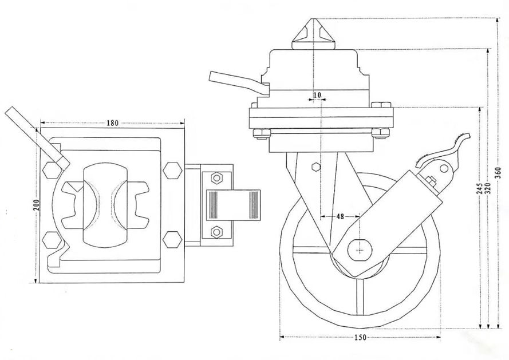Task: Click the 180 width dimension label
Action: click(x=112, y=123)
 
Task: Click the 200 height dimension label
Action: click(x=35, y=204)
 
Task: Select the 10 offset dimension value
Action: click(x=317, y=94)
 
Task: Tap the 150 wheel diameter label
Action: click(x=359, y=338)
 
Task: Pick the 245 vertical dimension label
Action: click(x=479, y=189)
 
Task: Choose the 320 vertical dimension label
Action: click(x=488, y=189)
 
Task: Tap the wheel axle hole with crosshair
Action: click(x=360, y=249)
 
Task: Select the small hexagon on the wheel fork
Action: click(x=315, y=167)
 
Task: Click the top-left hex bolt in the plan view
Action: click(x=52, y=170)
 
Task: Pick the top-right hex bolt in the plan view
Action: click(x=172, y=170)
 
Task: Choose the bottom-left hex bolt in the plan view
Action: click(x=52, y=239)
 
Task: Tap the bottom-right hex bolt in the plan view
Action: click(x=172, y=239)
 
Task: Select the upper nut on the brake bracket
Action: click(x=216, y=177)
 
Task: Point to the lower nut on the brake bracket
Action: click(x=216, y=232)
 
